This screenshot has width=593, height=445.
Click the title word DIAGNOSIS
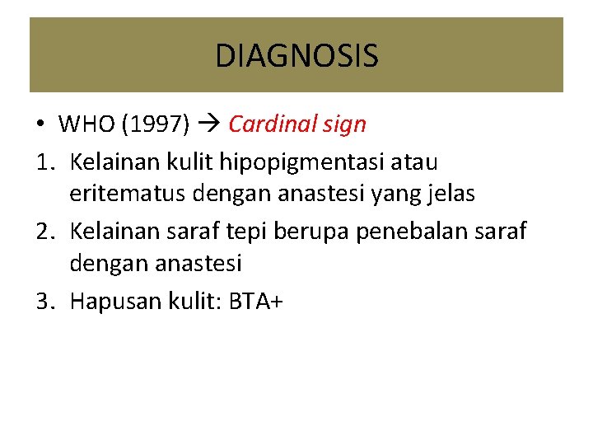click(296, 56)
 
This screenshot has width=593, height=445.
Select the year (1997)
click(156, 124)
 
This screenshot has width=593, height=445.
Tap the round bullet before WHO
click(40, 125)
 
